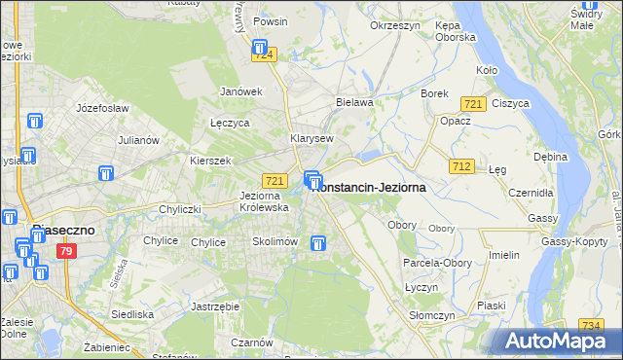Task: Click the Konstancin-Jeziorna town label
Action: pos(367,188)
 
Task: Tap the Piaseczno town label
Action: pos(61,231)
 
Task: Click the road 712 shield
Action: pos(462,167)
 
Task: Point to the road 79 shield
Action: pos(66,252)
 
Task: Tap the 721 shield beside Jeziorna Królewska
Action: pos(275,181)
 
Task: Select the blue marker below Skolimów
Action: pos(317,243)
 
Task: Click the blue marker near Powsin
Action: pos(260,46)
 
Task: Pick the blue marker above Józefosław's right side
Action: pos(35,122)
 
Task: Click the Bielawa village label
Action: pos(354,101)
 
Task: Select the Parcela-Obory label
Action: pos(436,263)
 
